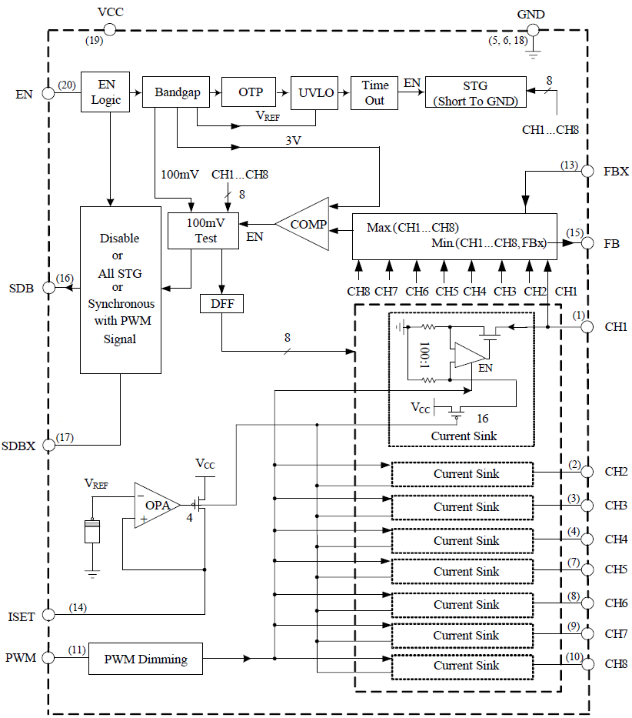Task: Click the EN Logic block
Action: click(105, 92)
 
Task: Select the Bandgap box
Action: click(177, 92)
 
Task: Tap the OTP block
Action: click(250, 92)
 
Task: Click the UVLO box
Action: click(316, 92)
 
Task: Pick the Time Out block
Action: click(374, 92)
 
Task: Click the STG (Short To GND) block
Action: click(475, 92)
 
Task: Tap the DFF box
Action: click(221, 304)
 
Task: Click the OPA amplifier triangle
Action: click(156, 506)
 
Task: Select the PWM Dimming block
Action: click(146, 659)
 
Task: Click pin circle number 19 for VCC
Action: click(109, 29)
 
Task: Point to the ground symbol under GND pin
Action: click(532, 55)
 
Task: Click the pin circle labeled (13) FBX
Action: click(587, 171)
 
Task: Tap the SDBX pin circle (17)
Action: click(49, 445)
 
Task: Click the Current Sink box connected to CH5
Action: click(461, 571)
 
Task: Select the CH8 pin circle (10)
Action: click(587, 663)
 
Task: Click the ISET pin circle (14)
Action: click(49, 614)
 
